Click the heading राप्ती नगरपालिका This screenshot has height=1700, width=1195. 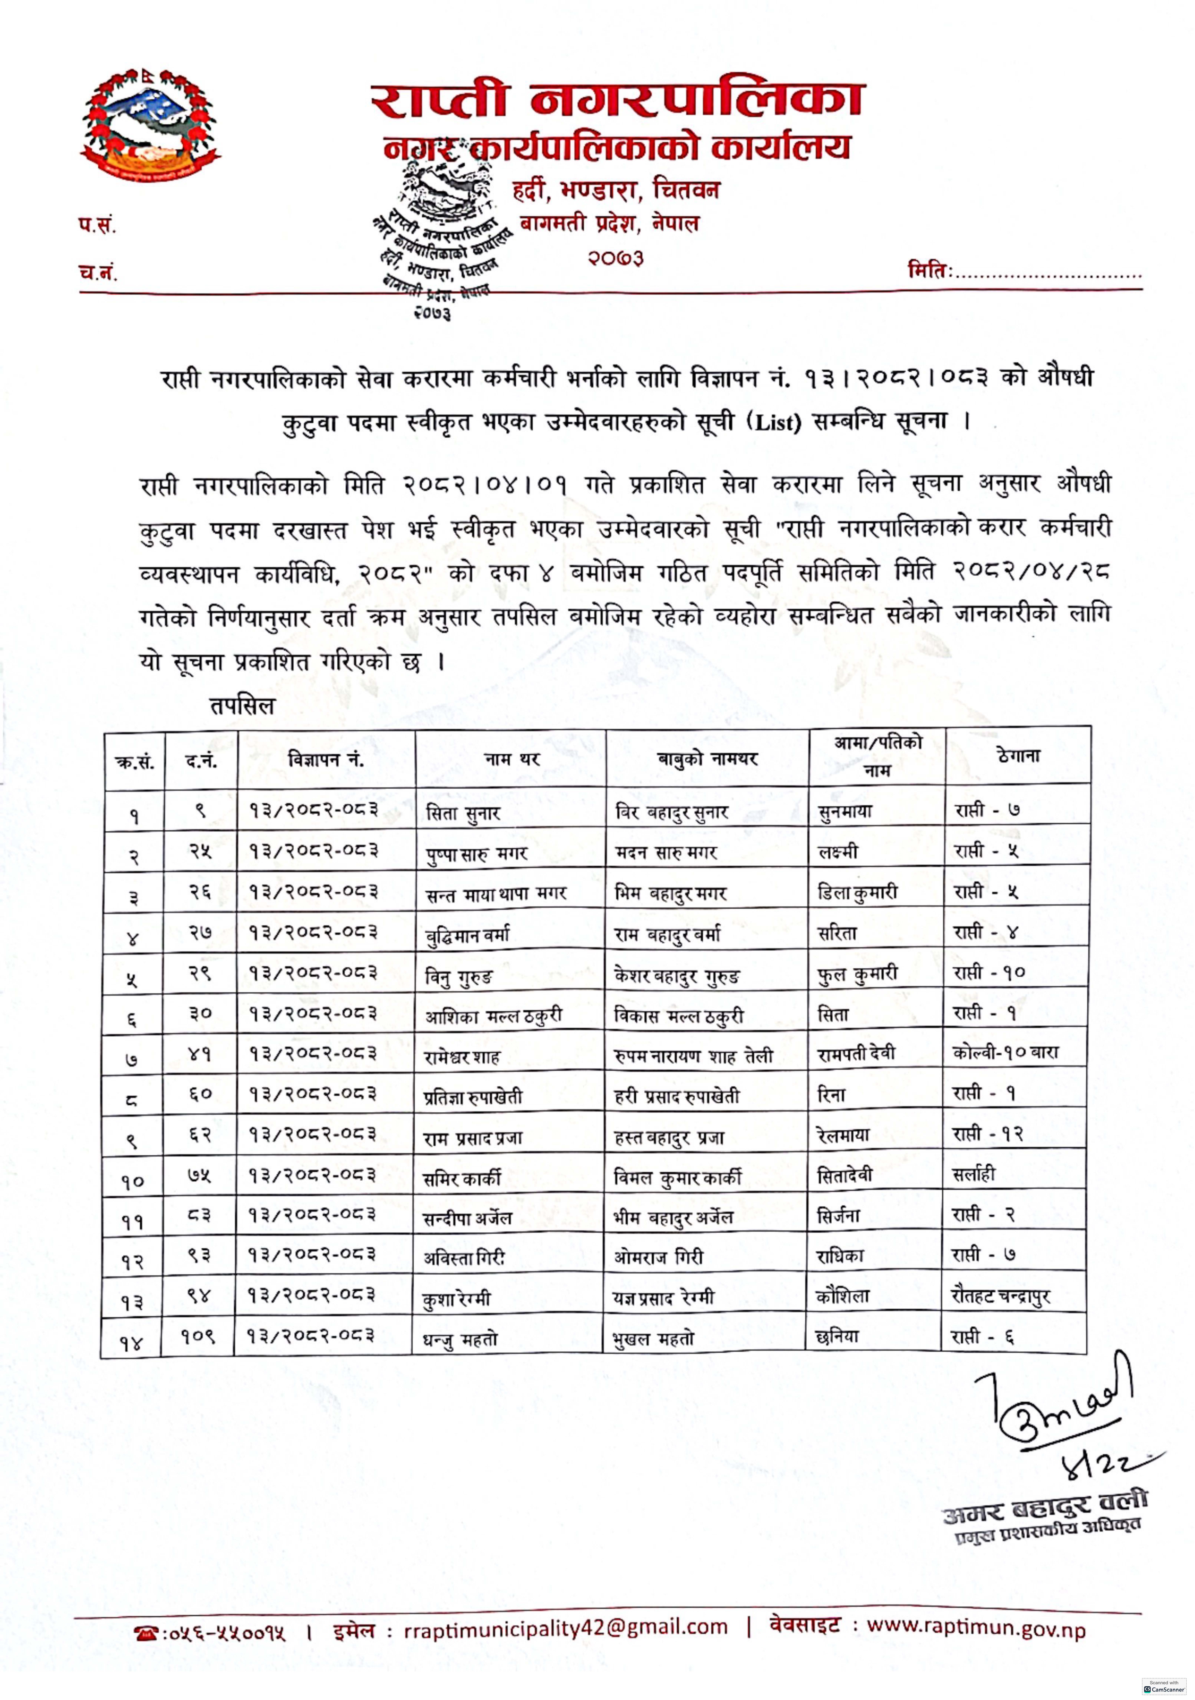pyautogui.click(x=617, y=100)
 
